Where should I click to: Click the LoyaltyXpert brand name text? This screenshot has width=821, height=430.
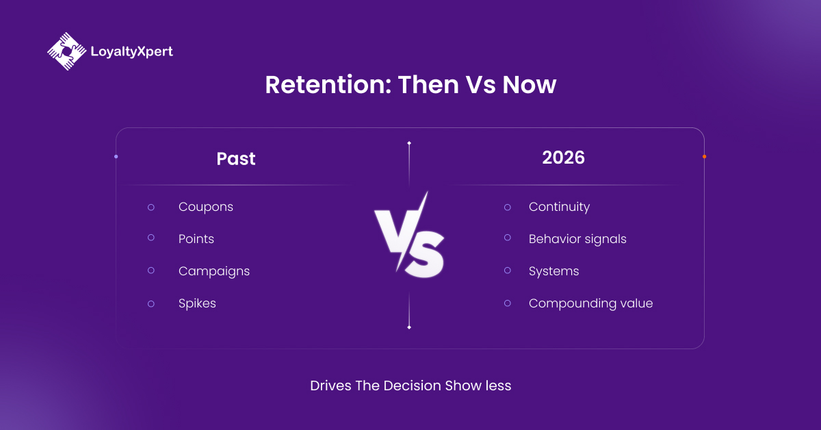pos(131,51)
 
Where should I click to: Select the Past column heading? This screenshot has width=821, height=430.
pos(235,159)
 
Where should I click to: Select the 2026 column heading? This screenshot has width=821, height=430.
pos(563,157)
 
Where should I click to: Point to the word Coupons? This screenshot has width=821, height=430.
pos(205,207)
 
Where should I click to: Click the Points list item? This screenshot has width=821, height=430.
pos(196,239)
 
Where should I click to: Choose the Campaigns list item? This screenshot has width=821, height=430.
pos(213,271)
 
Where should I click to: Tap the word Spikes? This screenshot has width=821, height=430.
pos(197,303)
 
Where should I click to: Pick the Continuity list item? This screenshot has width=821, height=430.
pos(559,207)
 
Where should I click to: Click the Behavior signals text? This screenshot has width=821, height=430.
pos(577,239)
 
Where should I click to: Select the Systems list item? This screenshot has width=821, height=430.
pos(553,271)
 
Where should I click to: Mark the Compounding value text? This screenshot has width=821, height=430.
pos(590,303)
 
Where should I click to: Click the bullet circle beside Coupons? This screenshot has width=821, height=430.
pos(151,207)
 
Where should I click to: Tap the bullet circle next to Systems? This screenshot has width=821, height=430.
pos(507,270)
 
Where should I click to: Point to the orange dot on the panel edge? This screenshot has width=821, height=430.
pos(704,157)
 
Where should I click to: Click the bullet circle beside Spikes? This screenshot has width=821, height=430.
pos(151,303)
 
